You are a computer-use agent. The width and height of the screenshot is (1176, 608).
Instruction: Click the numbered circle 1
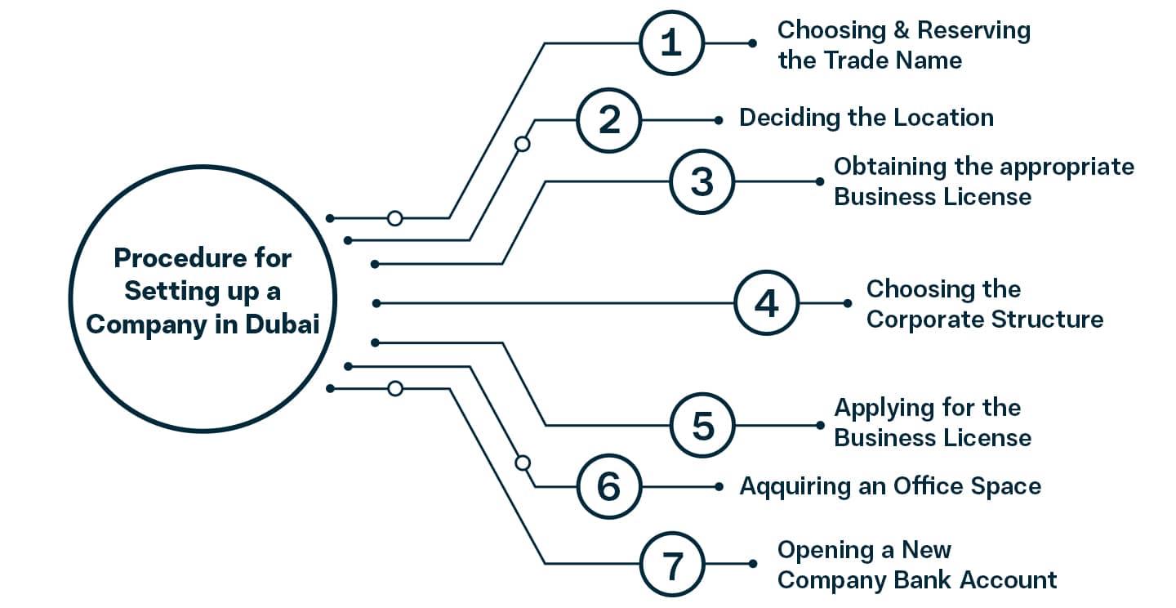[670, 43]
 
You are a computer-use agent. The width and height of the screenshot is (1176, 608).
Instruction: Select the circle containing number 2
[609, 121]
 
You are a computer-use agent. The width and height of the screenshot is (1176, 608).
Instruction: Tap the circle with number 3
[702, 182]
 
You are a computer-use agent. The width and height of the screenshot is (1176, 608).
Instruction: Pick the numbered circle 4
[765, 304]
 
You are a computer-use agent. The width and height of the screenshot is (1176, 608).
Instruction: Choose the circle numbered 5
[702, 426]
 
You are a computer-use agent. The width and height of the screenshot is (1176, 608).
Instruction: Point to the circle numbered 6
[609, 487]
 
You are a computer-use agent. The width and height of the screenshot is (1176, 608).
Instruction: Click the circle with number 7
[670, 564]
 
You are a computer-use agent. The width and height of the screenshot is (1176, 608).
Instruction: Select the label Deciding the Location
[866, 118]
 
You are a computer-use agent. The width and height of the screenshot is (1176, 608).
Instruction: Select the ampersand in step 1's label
[898, 30]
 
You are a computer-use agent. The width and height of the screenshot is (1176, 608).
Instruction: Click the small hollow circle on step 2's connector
[523, 144]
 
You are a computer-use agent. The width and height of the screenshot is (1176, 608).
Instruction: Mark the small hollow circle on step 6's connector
[523, 463]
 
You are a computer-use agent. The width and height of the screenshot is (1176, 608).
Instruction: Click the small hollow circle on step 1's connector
[394, 218]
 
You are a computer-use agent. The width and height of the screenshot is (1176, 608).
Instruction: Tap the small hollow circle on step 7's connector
[394, 388]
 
